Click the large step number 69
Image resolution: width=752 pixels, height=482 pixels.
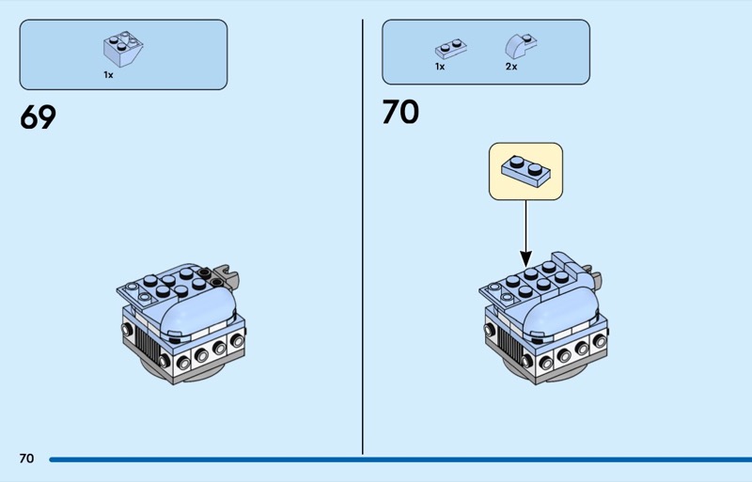coord(38,117)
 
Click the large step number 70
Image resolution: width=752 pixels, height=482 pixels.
coord(399,113)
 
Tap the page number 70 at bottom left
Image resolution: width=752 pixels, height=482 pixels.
coord(26,459)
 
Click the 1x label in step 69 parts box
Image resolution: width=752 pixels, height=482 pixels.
coord(108,74)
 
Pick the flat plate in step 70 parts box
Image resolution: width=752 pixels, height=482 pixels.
coord(449,48)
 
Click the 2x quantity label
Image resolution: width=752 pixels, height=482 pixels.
coord(511,68)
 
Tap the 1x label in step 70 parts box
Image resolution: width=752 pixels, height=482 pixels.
coord(439,68)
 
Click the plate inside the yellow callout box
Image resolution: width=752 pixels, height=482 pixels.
coord(525,171)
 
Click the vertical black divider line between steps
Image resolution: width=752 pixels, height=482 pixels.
coord(363,235)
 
